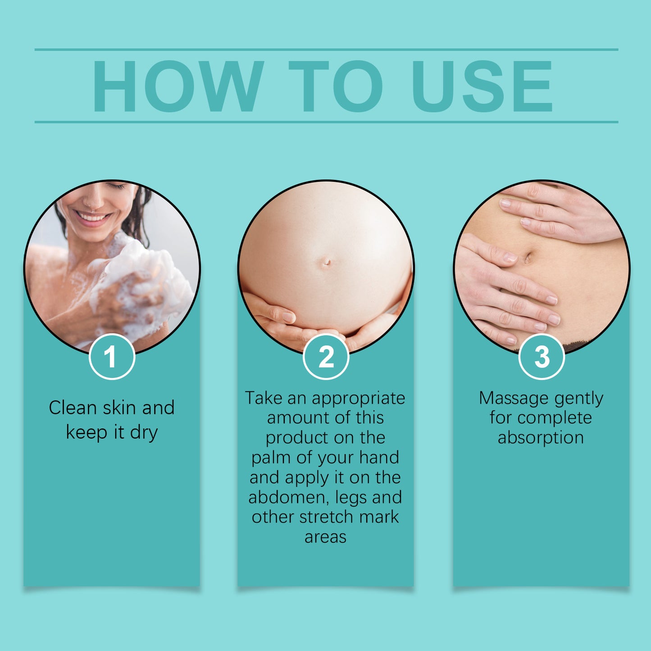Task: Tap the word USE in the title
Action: coord(482,86)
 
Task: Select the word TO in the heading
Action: coord(336,86)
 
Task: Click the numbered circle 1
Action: coord(112,357)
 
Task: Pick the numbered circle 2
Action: coord(326,357)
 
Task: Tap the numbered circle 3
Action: coord(542,357)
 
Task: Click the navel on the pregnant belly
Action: coord(327,262)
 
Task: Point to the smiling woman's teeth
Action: coord(92,218)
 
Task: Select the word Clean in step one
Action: coord(73,408)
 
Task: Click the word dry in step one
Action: coord(144,433)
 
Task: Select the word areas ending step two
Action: coord(325,537)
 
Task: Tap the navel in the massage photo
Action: coord(528,258)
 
